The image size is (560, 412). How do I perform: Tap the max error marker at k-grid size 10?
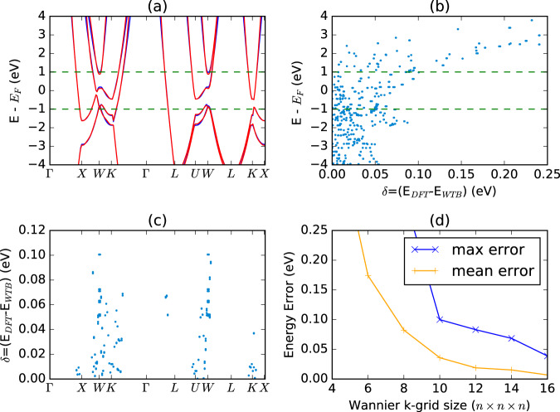pyautogui.click(x=440, y=319)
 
